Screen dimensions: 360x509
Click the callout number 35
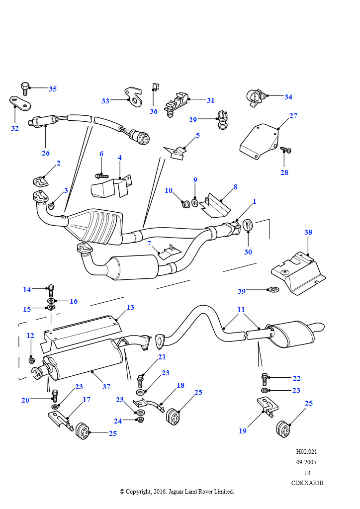(53, 89)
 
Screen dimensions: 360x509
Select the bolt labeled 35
(25, 88)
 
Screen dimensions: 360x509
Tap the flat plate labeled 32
(20, 103)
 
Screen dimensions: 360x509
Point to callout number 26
(46, 153)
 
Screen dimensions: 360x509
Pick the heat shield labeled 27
(260, 142)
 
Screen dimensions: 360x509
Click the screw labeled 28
(285, 150)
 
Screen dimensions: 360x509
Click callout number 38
(308, 232)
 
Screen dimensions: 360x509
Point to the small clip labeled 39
(273, 289)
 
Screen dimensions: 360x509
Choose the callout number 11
(241, 310)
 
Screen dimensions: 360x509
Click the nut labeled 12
(32, 360)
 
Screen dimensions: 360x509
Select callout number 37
(106, 387)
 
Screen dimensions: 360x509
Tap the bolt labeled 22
(264, 379)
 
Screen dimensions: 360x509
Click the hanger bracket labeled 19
(268, 407)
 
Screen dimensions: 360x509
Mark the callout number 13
(130, 307)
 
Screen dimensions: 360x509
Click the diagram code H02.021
(306, 451)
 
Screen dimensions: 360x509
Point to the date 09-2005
(306, 462)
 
